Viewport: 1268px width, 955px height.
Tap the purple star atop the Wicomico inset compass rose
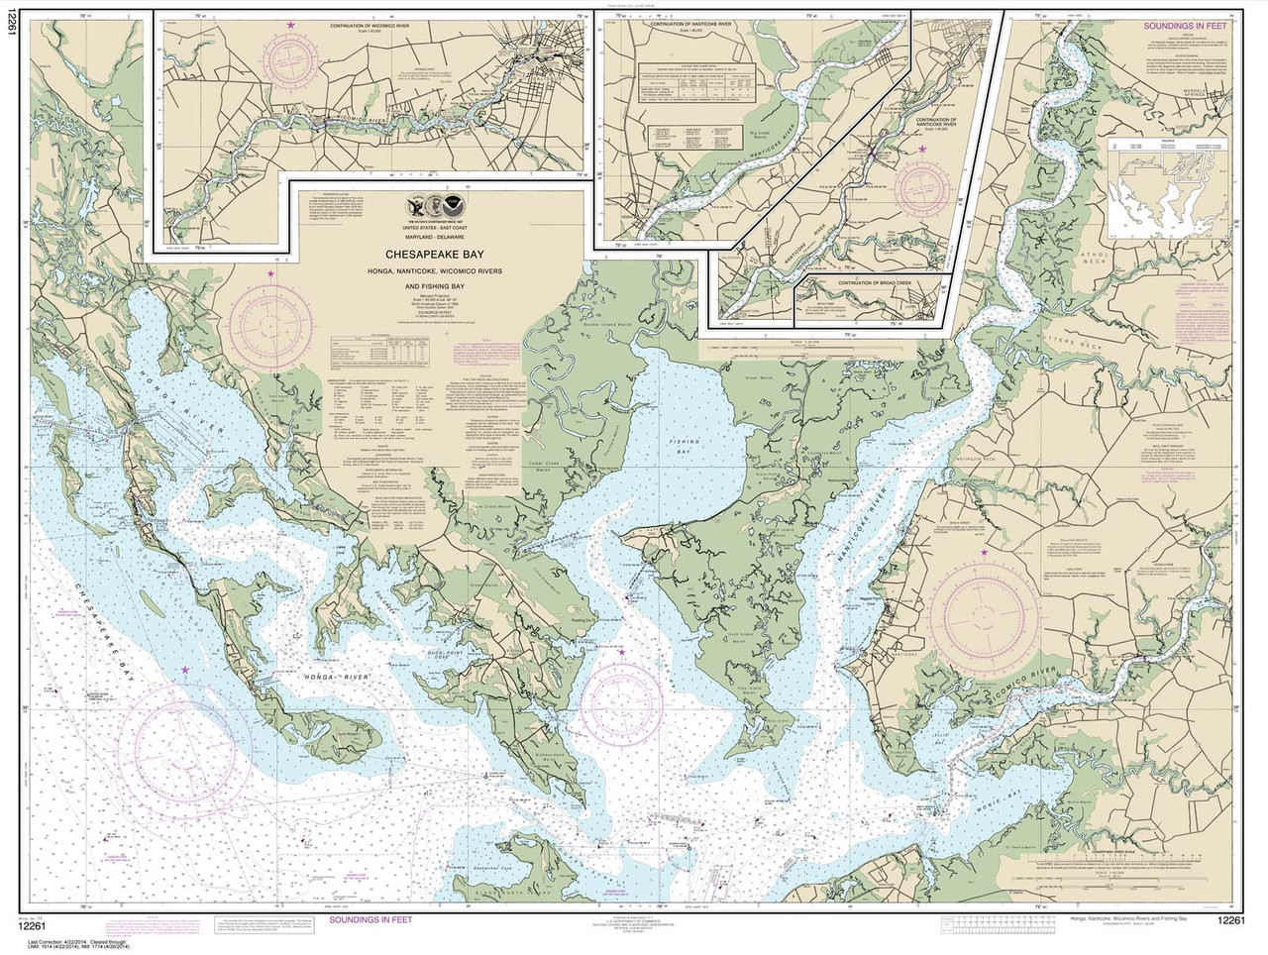[290, 24]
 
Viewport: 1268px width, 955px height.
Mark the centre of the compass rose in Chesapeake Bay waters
[185, 734]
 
